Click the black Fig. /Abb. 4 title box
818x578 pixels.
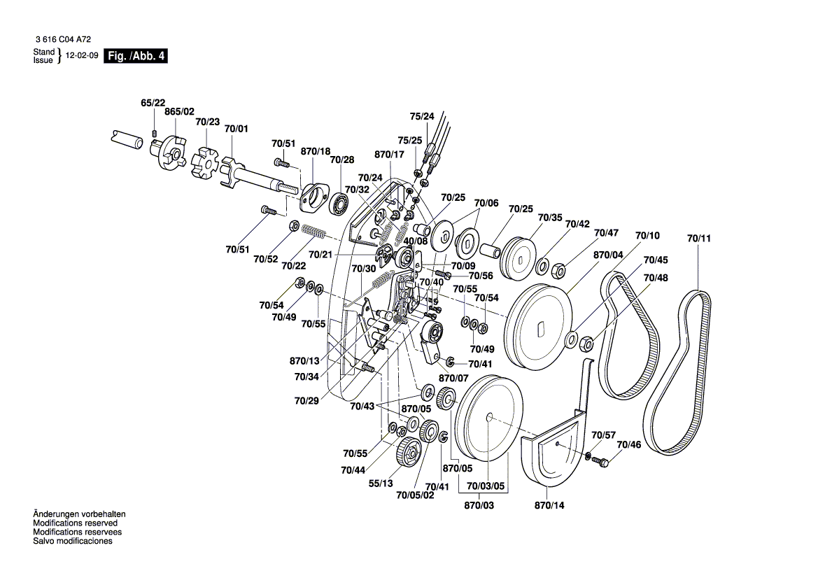(x=136, y=56)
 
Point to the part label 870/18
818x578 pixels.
(x=315, y=151)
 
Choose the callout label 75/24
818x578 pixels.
(x=422, y=116)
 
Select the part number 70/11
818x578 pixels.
(x=698, y=239)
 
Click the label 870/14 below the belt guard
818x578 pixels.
(x=549, y=505)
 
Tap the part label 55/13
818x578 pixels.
(x=381, y=483)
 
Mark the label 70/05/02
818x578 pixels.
(x=415, y=495)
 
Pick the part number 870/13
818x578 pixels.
(x=304, y=361)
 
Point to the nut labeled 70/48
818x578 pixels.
(x=587, y=343)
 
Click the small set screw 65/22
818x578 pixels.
(x=155, y=132)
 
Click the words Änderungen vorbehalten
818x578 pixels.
(x=80, y=514)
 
